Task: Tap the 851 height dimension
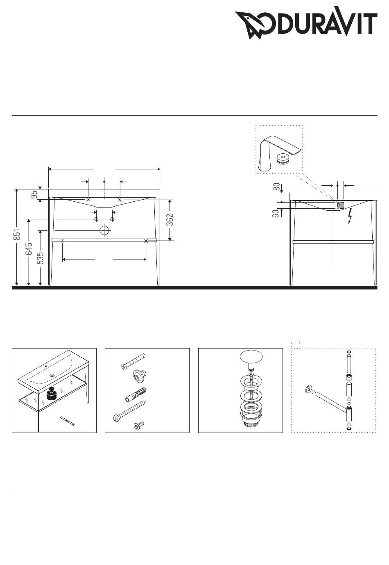pyautogui.click(x=17, y=235)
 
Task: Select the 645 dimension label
pyautogui.click(x=29, y=249)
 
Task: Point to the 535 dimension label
pyautogui.click(x=40, y=258)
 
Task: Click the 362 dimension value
pyautogui.click(x=170, y=219)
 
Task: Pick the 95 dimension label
pyautogui.click(x=34, y=194)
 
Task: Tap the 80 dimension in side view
pyautogui.click(x=277, y=187)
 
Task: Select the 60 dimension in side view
pyautogui.click(x=276, y=213)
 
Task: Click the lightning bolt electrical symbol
pyautogui.click(x=350, y=216)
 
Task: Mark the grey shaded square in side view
pyautogui.click(x=340, y=205)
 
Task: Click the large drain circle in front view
pyautogui.click(x=104, y=230)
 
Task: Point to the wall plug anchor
pyautogui.click(x=136, y=395)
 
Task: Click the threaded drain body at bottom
pyautogui.click(x=251, y=417)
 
